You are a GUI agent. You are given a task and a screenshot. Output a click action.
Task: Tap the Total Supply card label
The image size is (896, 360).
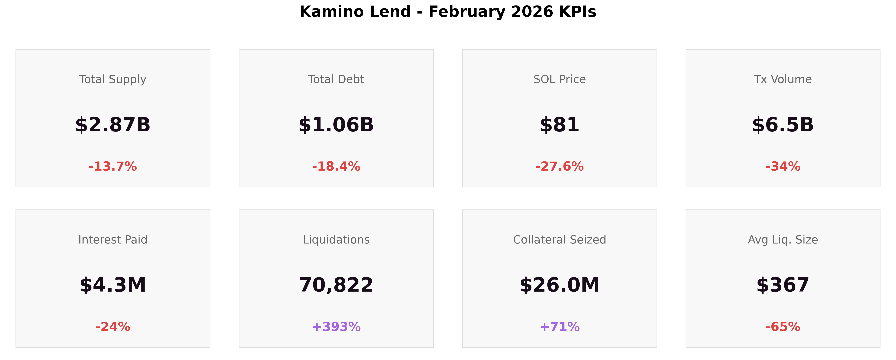(113, 79)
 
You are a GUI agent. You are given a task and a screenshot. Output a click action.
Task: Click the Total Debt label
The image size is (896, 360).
(336, 79)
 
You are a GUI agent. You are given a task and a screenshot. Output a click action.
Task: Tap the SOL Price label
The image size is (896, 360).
(559, 79)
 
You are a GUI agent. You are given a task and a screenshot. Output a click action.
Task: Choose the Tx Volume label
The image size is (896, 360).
(783, 79)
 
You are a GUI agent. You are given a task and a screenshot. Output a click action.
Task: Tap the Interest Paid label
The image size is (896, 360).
(113, 240)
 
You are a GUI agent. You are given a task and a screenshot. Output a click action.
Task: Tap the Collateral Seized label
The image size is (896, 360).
(559, 240)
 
